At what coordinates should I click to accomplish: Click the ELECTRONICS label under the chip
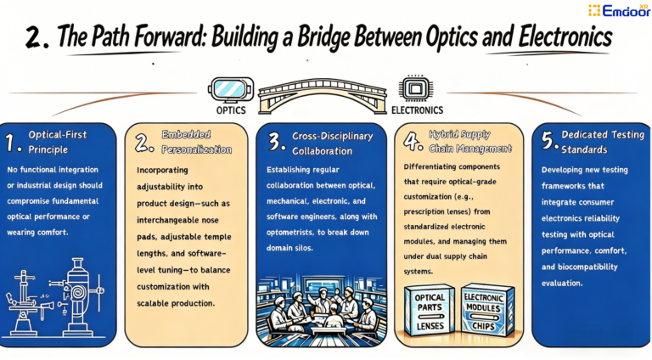(417, 110)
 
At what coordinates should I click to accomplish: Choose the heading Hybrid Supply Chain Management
(466, 142)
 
